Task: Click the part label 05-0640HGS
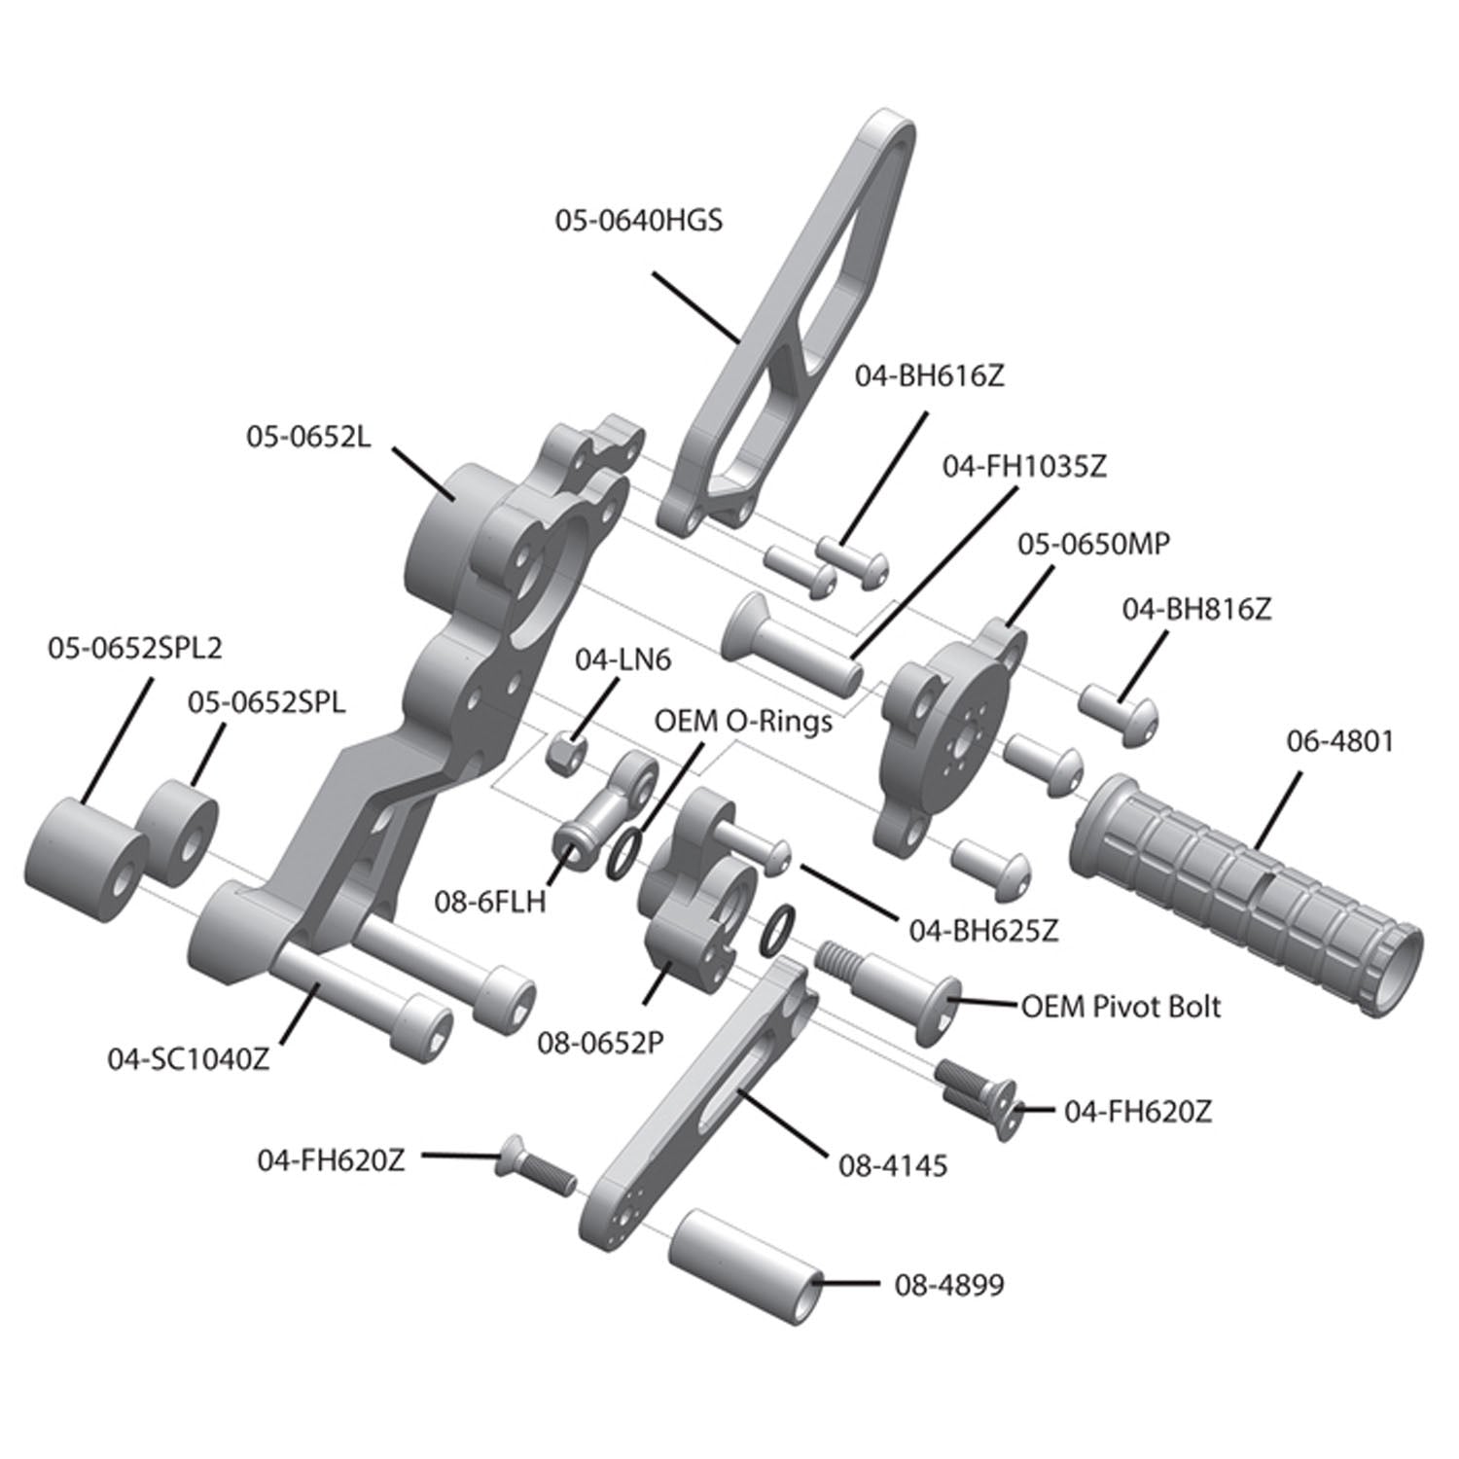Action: click(639, 221)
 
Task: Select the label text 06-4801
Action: click(1339, 741)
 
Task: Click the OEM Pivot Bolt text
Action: click(1120, 1006)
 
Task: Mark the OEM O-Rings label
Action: click(743, 722)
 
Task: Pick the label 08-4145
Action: click(892, 1165)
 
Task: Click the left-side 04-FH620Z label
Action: click(331, 1159)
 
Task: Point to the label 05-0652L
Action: click(307, 438)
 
